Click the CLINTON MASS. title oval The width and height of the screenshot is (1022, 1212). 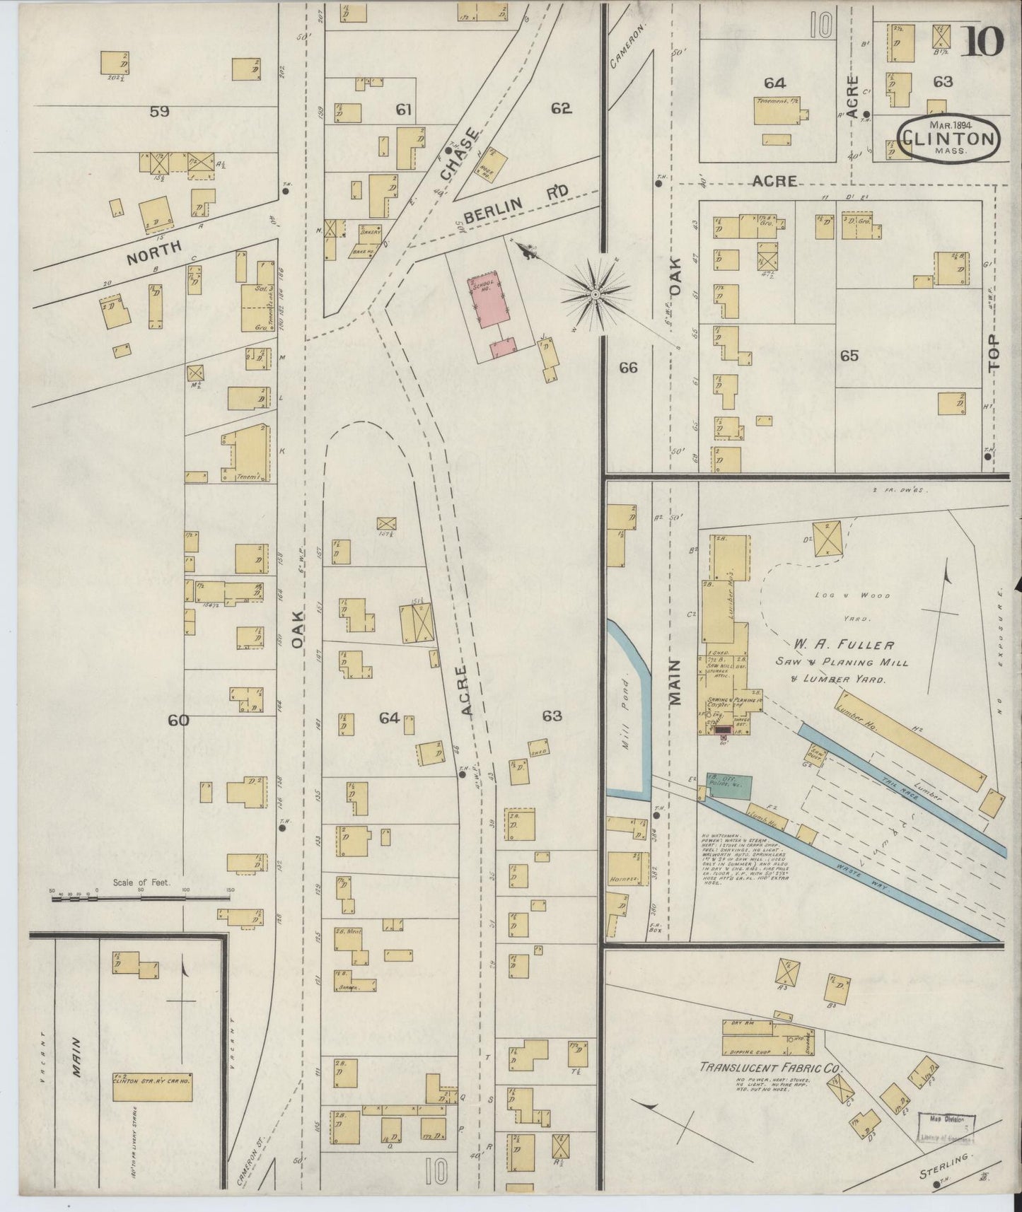(x=948, y=140)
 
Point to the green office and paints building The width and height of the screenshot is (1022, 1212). (x=729, y=785)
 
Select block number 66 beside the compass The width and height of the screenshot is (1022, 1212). (x=628, y=368)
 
